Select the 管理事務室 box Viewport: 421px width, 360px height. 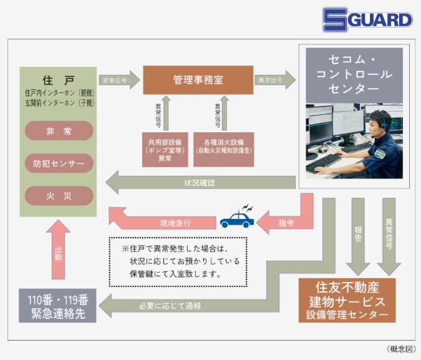click(198, 80)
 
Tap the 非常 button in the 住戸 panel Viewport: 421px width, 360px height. click(59, 131)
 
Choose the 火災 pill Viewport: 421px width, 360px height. click(59, 196)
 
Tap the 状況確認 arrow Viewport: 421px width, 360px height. click(200, 183)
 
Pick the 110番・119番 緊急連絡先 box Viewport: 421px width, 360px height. click(58, 306)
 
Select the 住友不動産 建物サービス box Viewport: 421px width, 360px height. click(347, 300)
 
